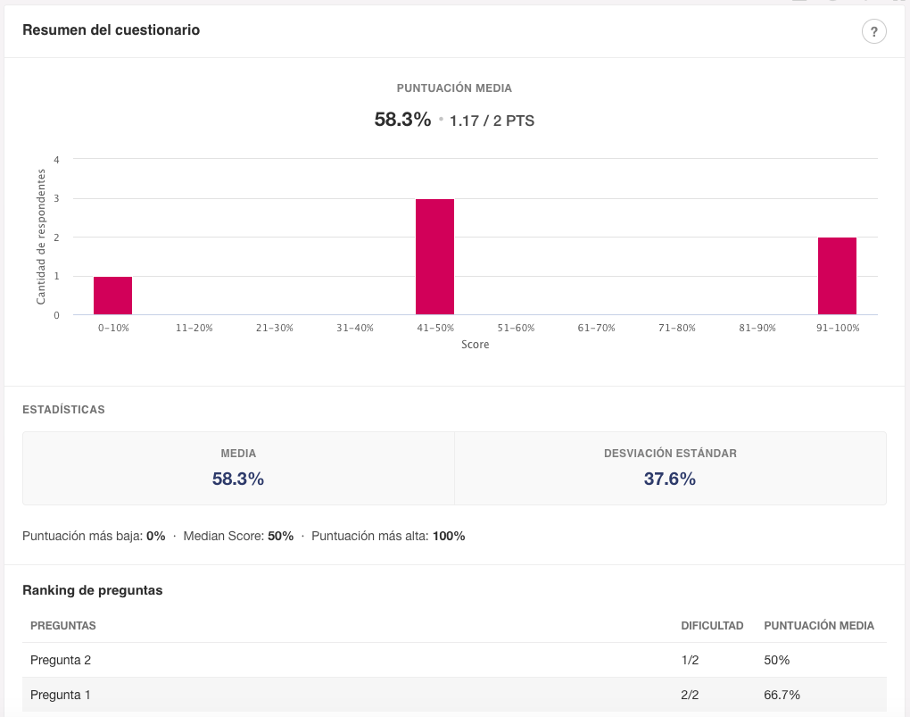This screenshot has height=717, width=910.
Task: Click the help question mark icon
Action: tap(873, 32)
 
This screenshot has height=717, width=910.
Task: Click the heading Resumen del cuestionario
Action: tap(111, 30)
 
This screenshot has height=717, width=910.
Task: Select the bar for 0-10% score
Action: tap(112, 296)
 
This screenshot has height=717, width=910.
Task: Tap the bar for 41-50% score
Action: tap(434, 257)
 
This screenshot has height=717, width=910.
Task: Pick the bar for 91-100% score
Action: tap(837, 276)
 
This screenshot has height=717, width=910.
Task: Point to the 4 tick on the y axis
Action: tap(56, 160)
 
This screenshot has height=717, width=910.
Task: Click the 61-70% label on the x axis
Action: tap(596, 328)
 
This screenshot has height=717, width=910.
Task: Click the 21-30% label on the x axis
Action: tap(274, 328)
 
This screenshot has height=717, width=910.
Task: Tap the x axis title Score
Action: tap(475, 345)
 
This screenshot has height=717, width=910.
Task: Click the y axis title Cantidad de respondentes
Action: tap(41, 237)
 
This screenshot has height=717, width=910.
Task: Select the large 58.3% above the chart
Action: tap(402, 120)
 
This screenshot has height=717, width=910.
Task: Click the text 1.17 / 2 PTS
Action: tap(492, 121)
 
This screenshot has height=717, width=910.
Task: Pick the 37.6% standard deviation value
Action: tap(669, 479)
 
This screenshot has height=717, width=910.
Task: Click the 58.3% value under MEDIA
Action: tap(238, 479)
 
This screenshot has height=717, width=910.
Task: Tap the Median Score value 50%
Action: tap(280, 537)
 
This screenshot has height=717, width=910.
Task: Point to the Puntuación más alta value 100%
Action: tap(449, 537)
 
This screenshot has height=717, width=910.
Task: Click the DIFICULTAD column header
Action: tap(712, 626)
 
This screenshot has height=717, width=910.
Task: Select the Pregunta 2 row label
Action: tap(61, 660)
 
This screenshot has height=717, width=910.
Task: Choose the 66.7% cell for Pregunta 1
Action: tap(782, 695)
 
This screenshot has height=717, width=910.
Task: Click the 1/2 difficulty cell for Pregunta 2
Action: tap(690, 660)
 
